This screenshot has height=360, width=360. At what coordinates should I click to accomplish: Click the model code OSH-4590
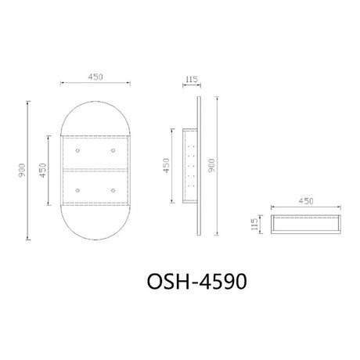coord(197,282)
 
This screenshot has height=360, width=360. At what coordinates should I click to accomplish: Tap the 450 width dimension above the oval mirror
coord(95,77)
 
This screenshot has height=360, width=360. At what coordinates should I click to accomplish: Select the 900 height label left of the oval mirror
coord(22,171)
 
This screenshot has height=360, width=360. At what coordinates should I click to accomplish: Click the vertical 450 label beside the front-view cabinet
coord(43,171)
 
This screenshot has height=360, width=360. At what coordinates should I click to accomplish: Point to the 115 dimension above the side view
coord(192,79)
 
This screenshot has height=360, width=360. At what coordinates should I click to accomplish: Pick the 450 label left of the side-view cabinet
coord(166,166)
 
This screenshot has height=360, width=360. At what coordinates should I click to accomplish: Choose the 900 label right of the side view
coord(211,165)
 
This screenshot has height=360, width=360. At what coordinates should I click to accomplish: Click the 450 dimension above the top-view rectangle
coord(306,201)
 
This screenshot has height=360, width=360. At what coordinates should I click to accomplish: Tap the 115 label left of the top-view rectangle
coord(254,224)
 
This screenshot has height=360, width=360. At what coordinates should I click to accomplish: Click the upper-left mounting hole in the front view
coord(77,150)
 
